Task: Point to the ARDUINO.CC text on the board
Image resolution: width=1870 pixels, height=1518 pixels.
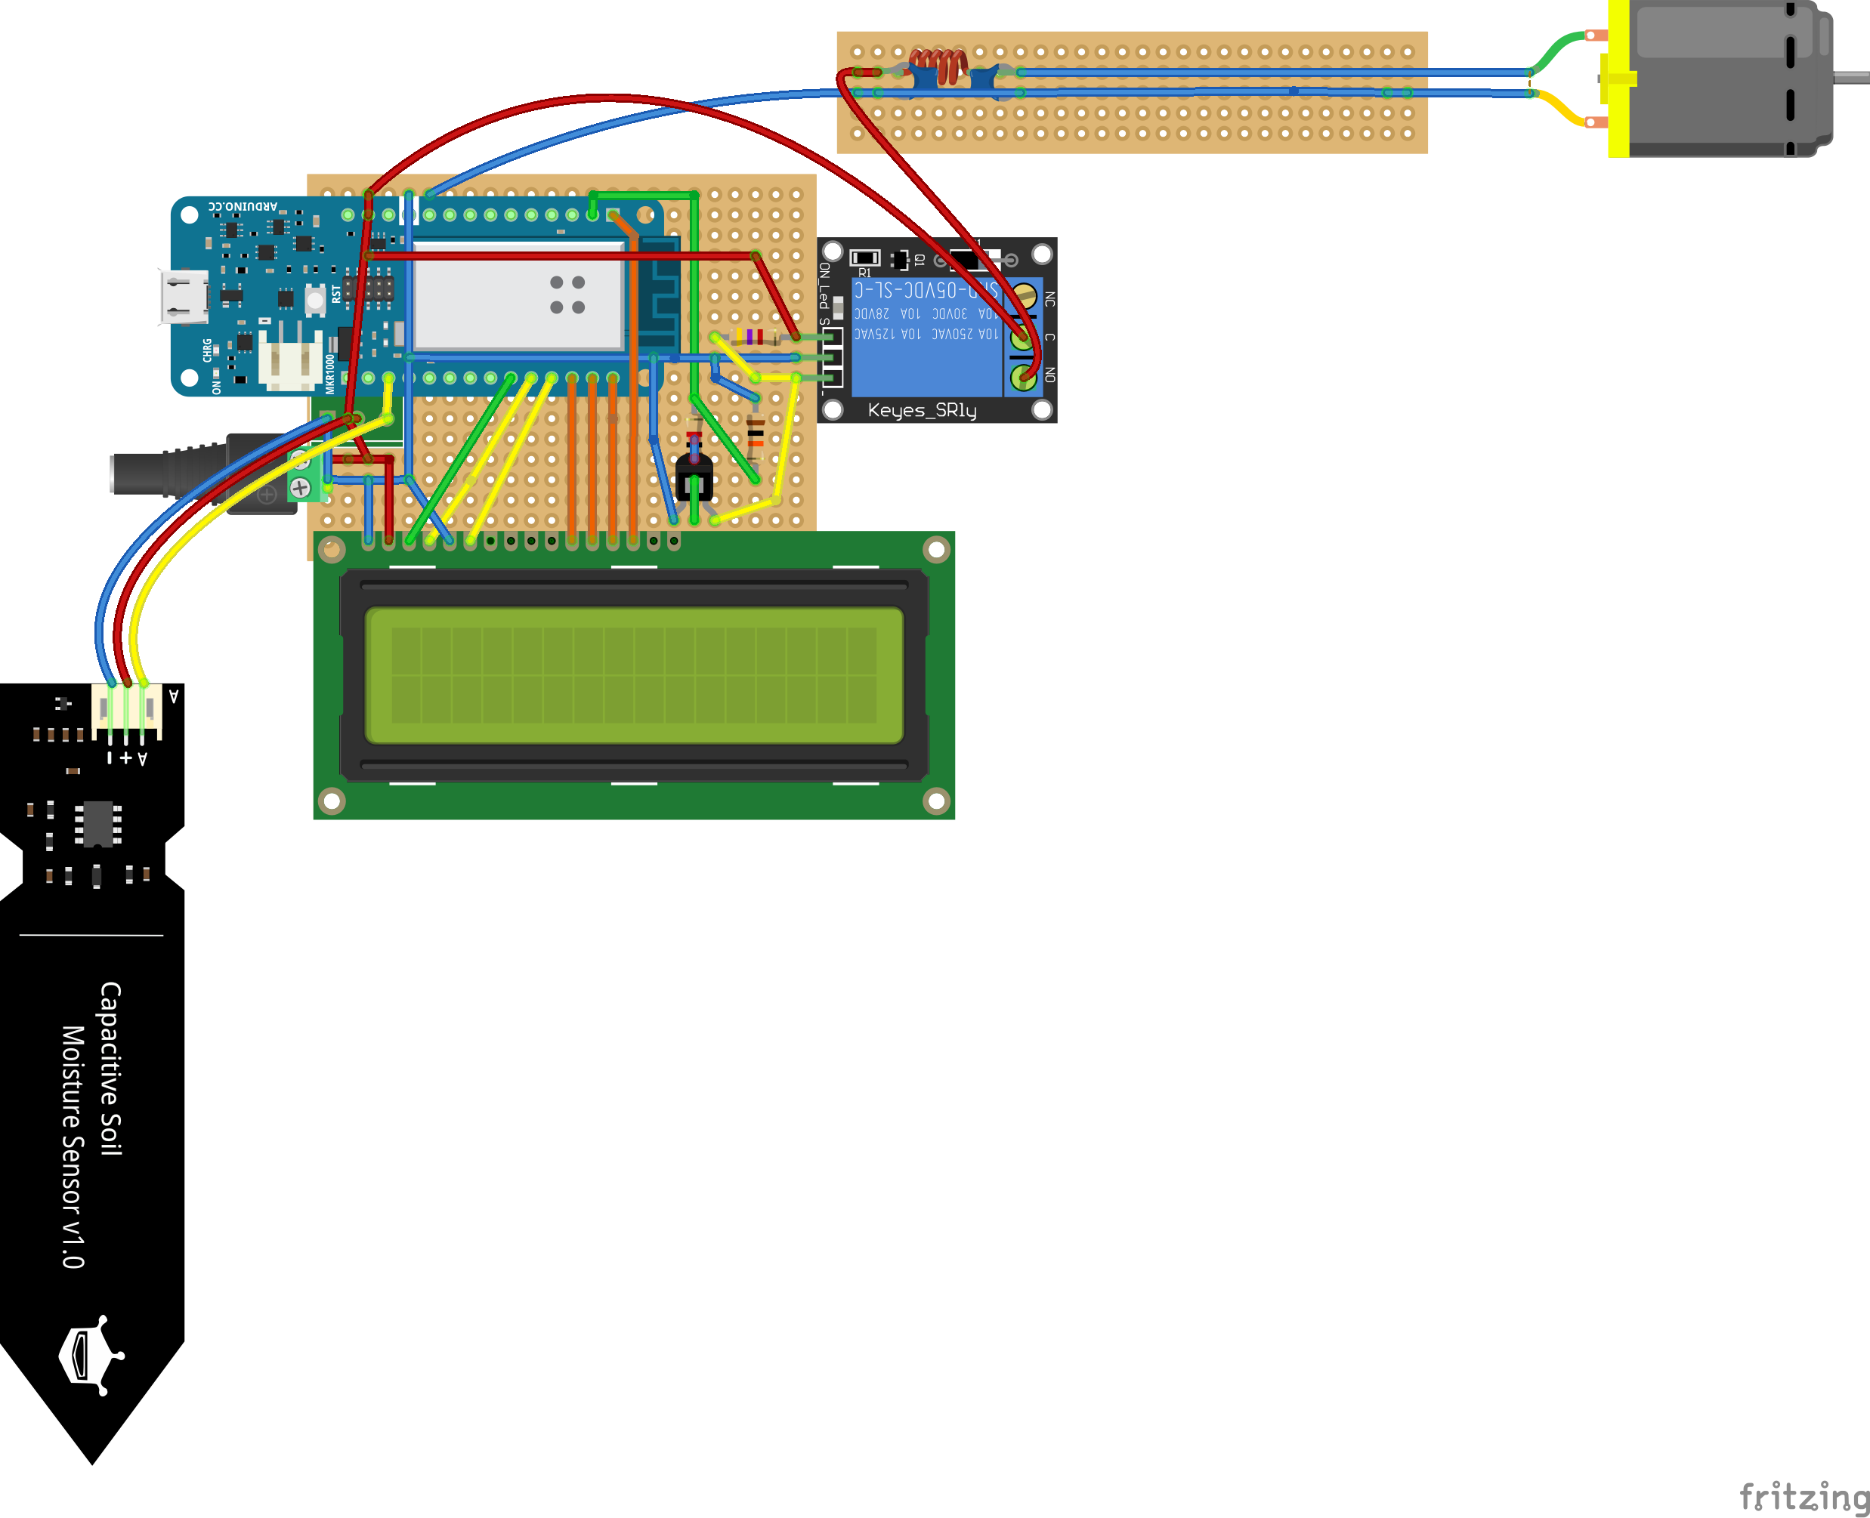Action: [243, 206]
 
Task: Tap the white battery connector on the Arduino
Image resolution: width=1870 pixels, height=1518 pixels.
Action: [290, 359]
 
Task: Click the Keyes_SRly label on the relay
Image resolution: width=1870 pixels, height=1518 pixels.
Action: [921, 410]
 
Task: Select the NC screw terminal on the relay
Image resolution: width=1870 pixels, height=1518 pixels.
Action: [1023, 298]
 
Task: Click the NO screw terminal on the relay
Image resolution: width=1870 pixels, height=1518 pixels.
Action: [1023, 377]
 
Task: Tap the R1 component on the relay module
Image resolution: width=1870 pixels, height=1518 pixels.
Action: [864, 258]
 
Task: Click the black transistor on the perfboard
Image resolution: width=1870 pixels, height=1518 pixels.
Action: [694, 477]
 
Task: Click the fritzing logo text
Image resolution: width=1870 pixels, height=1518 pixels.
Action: [1803, 1496]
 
